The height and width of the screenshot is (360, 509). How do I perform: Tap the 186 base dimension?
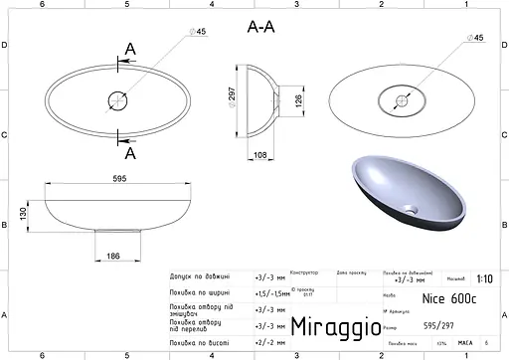coord(113,257)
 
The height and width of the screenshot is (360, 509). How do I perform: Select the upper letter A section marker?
coord(130,49)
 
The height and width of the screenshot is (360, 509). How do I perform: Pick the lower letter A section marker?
coord(130,152)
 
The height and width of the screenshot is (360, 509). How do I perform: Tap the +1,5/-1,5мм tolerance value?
coord(272,293)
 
